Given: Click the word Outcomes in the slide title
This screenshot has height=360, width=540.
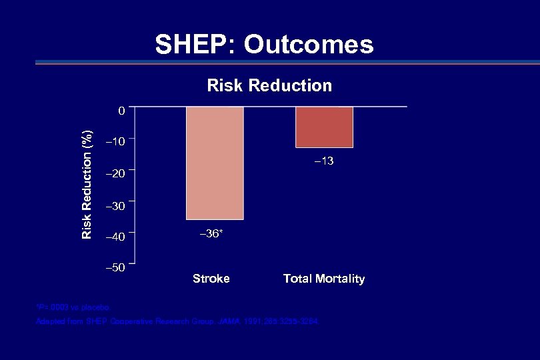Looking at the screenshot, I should point(309,45).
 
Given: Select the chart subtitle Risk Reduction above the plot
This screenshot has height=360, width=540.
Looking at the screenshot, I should point(269,85).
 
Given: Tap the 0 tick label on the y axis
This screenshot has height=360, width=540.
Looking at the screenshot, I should point(121,111).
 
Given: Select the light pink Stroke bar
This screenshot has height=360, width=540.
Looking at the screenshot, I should point(215,163).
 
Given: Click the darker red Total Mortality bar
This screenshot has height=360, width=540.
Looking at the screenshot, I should point(324,127).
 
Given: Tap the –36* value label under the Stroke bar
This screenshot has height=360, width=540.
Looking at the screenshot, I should point(211,233).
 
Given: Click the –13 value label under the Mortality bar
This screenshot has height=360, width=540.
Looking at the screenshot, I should point(324,161).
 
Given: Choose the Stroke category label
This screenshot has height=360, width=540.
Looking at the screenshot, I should point(211,279).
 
